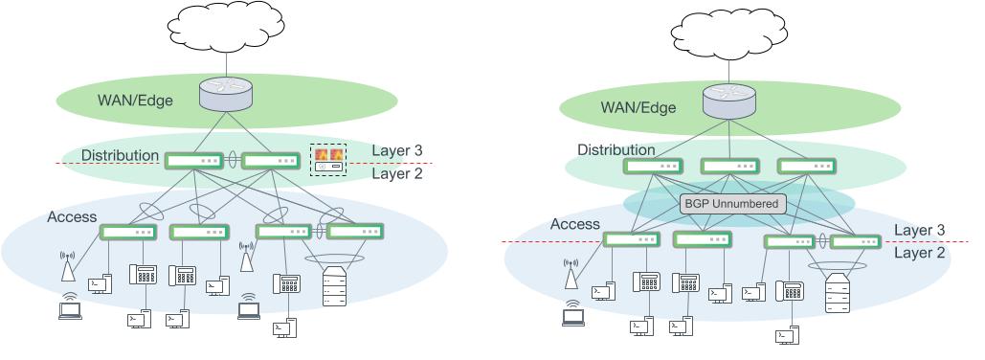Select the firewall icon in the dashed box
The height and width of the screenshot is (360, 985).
[328, 154]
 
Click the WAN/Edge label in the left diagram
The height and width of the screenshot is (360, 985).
[135, 100]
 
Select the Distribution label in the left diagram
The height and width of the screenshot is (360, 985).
[120, 155]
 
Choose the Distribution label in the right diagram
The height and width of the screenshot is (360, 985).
[616, 149]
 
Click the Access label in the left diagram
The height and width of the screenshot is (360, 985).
[72, 217]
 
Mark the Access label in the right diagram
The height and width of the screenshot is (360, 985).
[575, 223]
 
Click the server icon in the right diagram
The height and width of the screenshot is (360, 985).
[837, 294]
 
